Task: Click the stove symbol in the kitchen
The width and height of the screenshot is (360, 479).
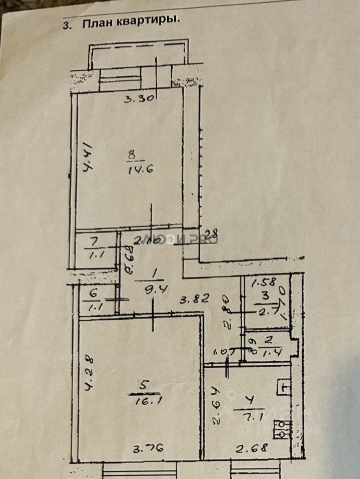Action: click(282, 429)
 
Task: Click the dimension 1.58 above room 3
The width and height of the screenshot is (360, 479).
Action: click(263, 284)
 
